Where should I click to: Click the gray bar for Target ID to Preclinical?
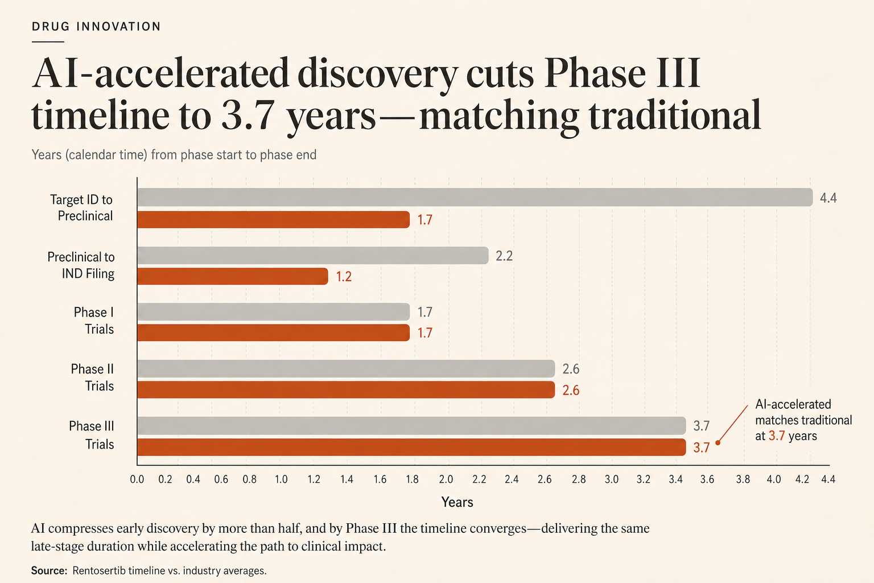tap(475, 197)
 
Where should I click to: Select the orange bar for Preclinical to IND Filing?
tap(233, 276)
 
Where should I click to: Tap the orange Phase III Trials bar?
tap(411, 447)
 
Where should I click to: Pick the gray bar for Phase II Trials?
tap(346, 368)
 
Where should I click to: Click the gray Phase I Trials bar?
tap(274, 312)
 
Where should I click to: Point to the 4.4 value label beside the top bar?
tap(828, 198)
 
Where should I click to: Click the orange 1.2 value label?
tap(344, 277)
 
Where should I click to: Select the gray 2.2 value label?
tap(504, 256)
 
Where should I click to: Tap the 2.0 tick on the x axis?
tap(446, 479)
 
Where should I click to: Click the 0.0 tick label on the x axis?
tap(137, 479)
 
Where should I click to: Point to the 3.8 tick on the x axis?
tap(743, 479)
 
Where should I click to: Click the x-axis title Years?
tap(457, 502)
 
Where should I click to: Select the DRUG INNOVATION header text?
tap(96, 27)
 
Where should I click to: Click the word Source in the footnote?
tap(48, 570)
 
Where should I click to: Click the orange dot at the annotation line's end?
tap(718, 443)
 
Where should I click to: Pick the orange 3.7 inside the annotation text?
tap(777, 436)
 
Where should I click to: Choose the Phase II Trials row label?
tap(93, 377)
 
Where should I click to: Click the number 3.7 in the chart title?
tap(246, 116)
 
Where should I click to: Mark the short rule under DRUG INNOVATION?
tap(48, 42)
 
